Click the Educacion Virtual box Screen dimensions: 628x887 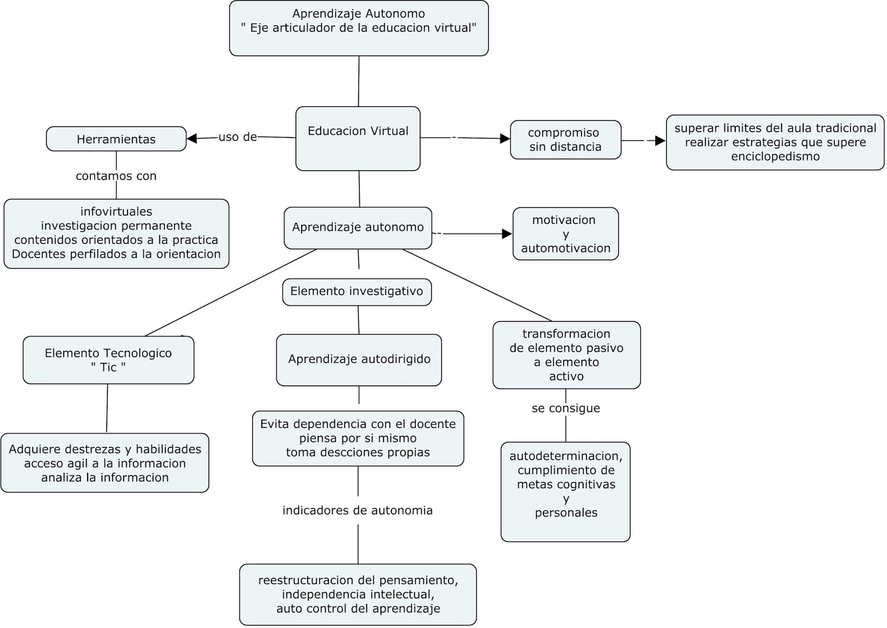(x=358, y=139)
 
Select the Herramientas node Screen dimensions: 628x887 (x=116, y=139)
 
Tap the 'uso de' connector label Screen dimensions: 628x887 (x=238, y=137)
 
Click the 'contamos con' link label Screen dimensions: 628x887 (x=116, y=176)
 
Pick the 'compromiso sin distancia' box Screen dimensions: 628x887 (x=565, y=140)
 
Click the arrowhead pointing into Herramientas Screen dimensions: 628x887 (x=192, y=139)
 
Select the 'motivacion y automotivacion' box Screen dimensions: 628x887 (x=565, y=234)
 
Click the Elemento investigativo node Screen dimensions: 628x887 (x=356, y=292)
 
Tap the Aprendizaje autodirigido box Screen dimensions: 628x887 (x=359, y=359)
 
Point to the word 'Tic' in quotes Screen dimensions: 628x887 (x=108, y=367)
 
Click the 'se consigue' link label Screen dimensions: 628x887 (x=565, y=409)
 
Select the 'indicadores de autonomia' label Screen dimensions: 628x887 (x=358, y=510)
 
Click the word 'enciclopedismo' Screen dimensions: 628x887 (x=775, y=156)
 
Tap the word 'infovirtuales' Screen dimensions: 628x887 (x=116, y=212)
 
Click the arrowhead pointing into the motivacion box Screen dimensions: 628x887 (x=507, y=234)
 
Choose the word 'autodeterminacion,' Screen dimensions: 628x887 (x=565, y=456)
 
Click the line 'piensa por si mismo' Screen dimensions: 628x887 (x=358, y=438)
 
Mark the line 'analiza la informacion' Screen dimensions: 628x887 (x=105, y=478)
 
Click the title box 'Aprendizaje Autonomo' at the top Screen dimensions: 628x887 (x=359, y=28)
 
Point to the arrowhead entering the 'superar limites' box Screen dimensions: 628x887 (x=660, y=141)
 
